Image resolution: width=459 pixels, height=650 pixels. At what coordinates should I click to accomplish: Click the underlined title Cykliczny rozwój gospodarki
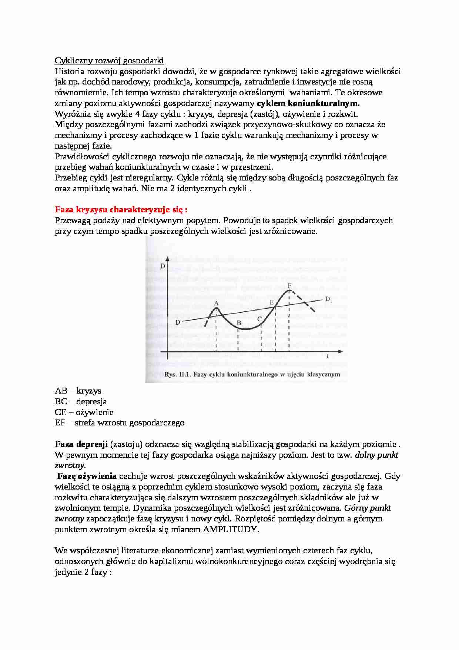coord(109,60)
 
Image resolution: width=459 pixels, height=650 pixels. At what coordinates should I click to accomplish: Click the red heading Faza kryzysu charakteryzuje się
coord(121,210)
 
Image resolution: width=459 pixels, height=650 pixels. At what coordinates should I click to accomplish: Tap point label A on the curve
coord(217,303)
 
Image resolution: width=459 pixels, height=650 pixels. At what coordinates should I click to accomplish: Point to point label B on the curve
coord(239,323)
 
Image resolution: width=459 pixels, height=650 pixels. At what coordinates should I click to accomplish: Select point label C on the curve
coord(259,318)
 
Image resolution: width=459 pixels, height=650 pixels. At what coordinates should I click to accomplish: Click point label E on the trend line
coord(271,302)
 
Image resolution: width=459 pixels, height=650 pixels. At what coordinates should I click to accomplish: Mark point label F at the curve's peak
coord(289,286)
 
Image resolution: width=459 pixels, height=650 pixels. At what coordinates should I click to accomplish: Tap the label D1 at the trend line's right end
coord(328,299)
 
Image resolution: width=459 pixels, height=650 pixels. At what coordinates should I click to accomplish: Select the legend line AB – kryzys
coord(78,391)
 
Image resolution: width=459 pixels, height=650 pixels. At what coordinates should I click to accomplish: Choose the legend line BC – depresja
coord(81,401)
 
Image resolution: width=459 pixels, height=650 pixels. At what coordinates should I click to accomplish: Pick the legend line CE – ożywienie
coord(84,412)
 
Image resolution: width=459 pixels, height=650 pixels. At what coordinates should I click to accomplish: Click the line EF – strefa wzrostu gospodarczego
coord(120,423)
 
